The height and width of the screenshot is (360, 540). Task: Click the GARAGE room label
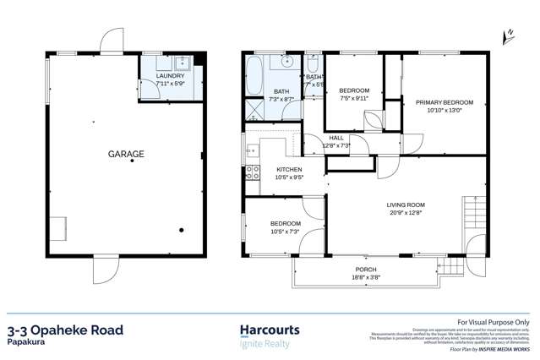pyautogui.click(x=125, y=154)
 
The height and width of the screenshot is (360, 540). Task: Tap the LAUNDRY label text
pyautogui.click(x=169, y=76)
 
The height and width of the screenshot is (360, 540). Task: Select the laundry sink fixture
pyautogui.click(x=183, y=63)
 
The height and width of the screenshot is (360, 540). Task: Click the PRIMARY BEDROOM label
pyautogui.click(x=444, y=102)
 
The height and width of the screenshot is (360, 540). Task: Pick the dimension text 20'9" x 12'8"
pyautogui.click(x=406, y=213)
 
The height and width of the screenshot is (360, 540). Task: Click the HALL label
pyautogui.click(x=336, y=138)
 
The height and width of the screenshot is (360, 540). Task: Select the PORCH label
pyautogui.click(x=365, y=269)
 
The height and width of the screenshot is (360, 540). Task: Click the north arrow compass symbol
pyautogui.click(x=509, y=35)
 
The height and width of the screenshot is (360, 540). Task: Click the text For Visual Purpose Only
pyautogui.click(x=493, y=322)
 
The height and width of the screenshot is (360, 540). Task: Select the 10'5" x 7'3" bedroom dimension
pyautogui.click(x=285, y=231)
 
